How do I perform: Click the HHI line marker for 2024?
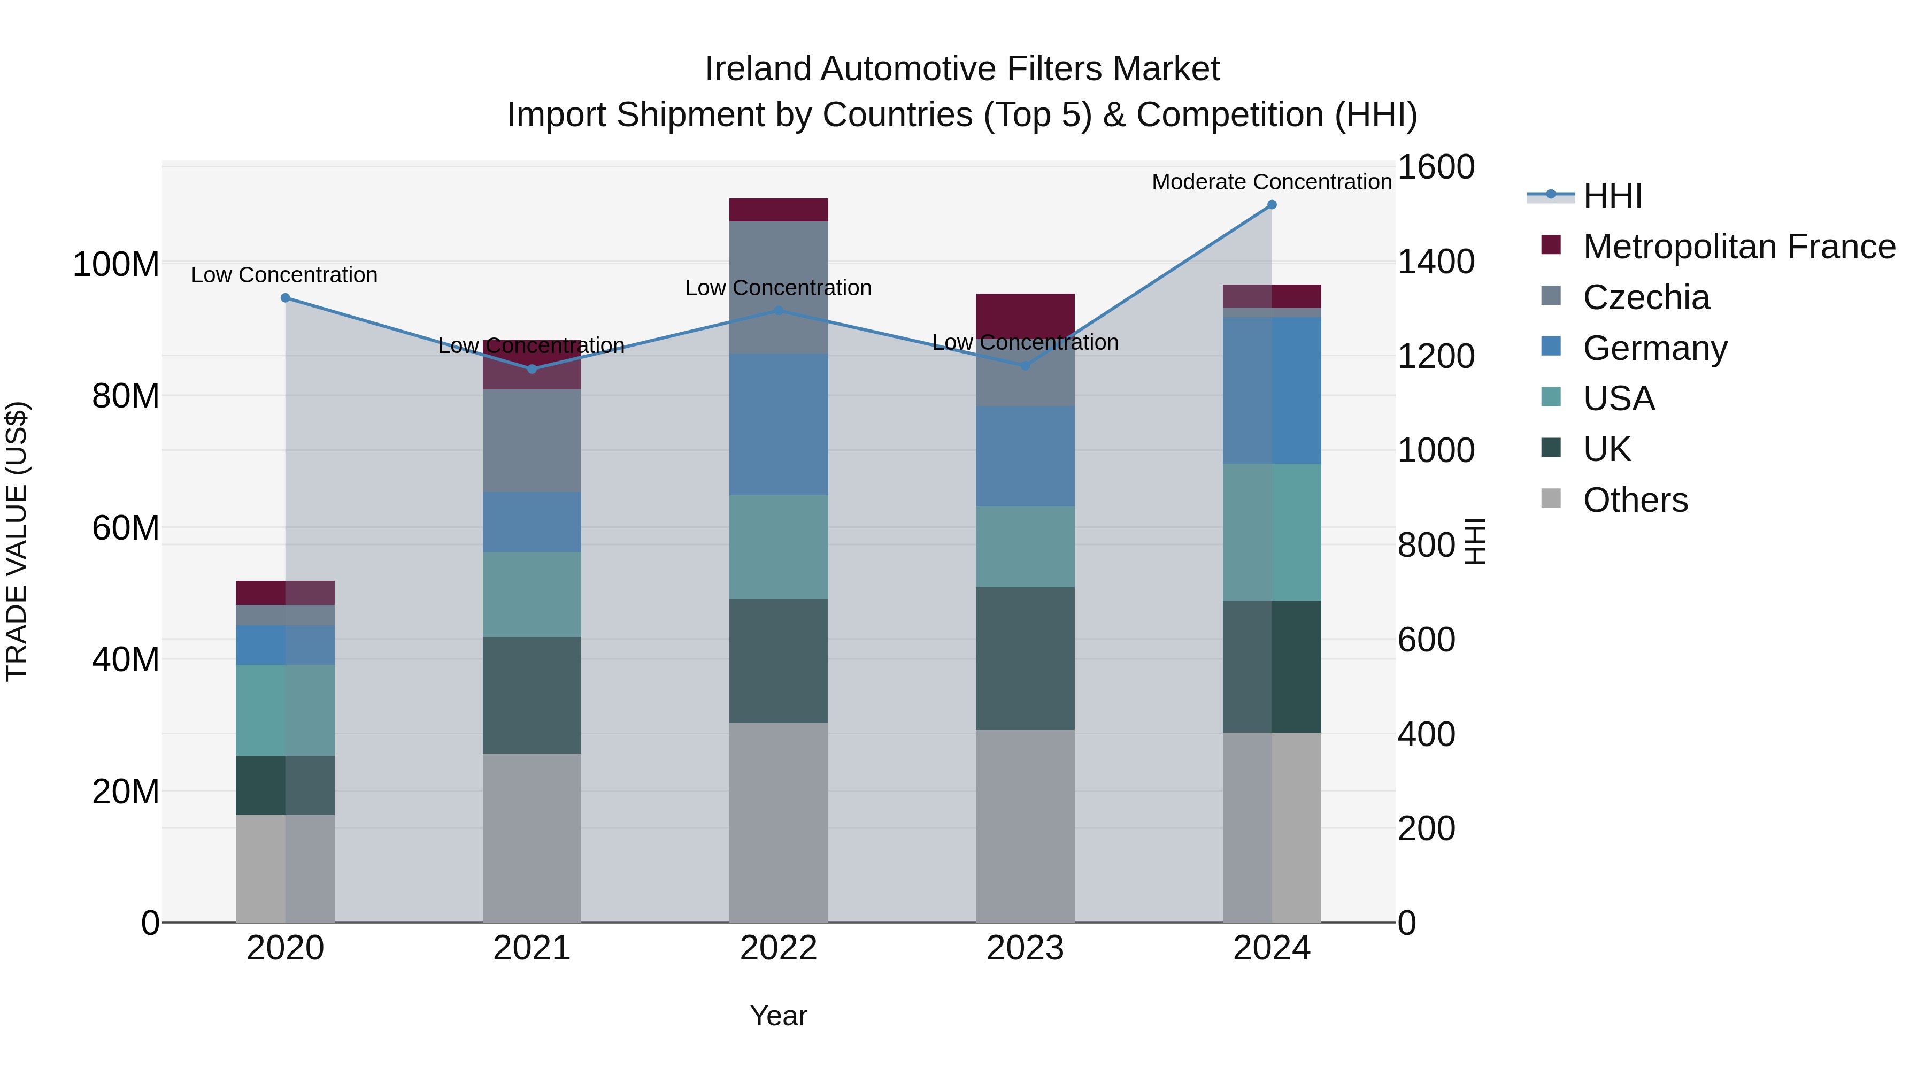1272,205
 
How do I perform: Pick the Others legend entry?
1635,500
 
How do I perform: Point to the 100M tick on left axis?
116,265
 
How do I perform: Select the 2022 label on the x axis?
778,948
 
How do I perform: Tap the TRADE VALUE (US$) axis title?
17,541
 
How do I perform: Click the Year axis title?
778,1016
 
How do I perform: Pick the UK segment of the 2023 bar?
1025,658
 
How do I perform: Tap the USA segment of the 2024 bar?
1272,532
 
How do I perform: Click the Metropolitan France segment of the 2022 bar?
778,210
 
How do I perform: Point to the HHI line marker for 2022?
778,310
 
